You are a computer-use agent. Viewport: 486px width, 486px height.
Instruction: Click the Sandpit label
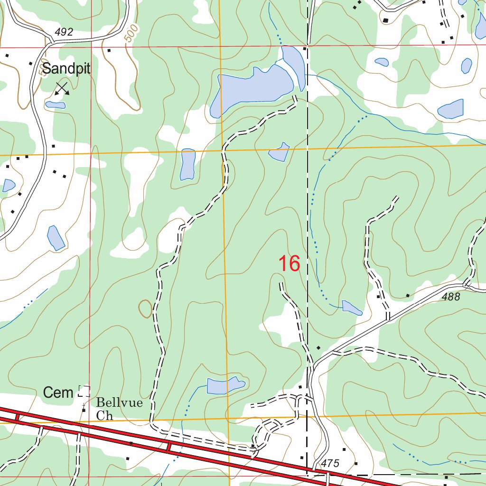coord(66,69)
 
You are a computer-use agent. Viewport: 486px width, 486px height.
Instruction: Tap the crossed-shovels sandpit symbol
coord(62,88)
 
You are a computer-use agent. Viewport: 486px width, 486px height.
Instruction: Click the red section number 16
coord(289,264)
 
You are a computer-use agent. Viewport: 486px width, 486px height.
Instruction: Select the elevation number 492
coord(64,32)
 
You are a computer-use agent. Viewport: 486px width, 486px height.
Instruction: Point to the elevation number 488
coord(450,297)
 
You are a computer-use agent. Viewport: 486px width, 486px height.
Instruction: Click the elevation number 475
coord(330,463)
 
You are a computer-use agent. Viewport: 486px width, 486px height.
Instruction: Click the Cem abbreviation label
coord(58,393)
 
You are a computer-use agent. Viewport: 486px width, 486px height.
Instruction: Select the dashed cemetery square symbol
coord(84,391)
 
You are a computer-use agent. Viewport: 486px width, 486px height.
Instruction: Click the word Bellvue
coord(119,403)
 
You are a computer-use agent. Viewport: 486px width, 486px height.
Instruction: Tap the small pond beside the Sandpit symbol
coord(55,104)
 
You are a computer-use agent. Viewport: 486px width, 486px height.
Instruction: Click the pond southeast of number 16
coord(352,308)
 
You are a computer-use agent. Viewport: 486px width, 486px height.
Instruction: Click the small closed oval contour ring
coord(145,309)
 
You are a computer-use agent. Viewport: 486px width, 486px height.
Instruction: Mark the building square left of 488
coord(408,296)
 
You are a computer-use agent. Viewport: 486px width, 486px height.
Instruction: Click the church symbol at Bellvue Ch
coord(84,409)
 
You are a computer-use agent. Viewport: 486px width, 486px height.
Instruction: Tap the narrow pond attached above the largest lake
coord(293,64)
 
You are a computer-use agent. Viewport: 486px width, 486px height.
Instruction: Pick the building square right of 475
coord(356,464)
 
